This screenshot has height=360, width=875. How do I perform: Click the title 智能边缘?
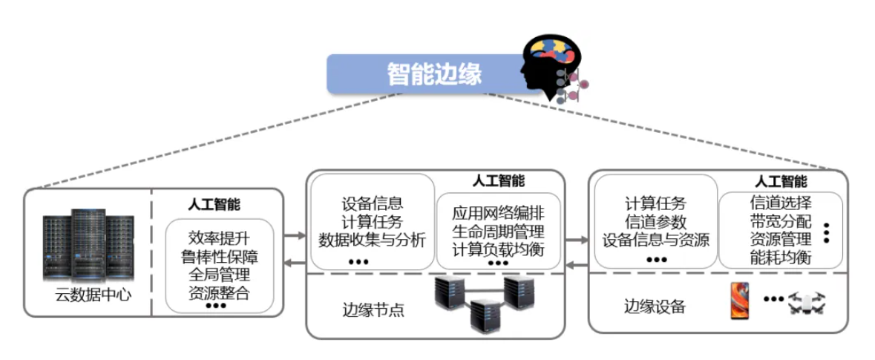point(434,73)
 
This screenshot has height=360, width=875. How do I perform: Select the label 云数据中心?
point(94,295)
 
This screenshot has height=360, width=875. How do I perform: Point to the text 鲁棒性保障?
point(219,257)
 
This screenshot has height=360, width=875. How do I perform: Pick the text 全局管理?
point(219,275)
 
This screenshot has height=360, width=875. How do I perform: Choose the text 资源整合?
point(219,292)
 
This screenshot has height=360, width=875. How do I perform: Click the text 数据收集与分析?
point(372,240)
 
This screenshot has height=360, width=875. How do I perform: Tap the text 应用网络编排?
point(498,214)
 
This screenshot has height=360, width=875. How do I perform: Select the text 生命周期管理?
point(498,232)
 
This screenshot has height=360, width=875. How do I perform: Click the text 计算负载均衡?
point(498,249)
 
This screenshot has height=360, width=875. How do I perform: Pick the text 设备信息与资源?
point(655,240)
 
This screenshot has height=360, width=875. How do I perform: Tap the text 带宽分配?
point(781,221)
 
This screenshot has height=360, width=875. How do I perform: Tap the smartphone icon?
point(740,300)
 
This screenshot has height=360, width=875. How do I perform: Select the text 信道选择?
point(781,203)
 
